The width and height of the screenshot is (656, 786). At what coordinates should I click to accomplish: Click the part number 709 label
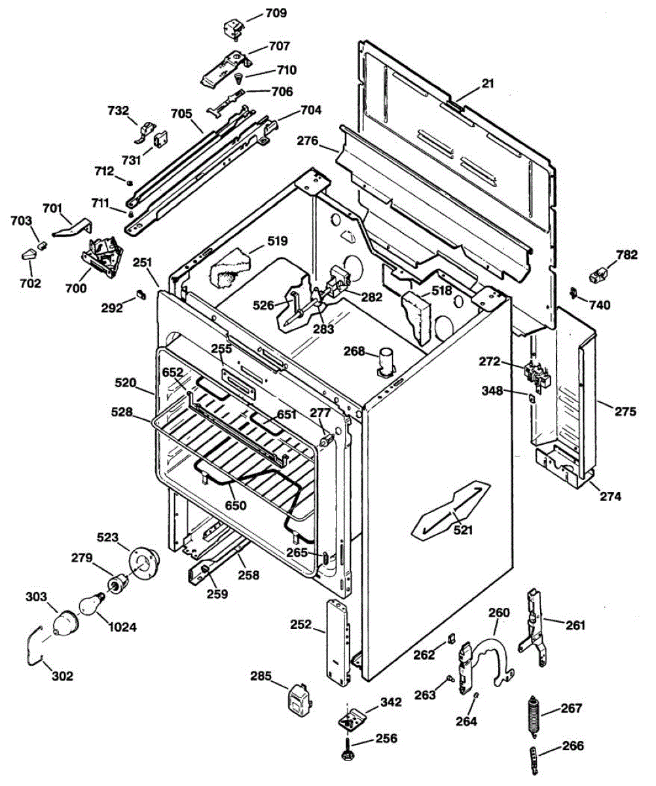pos(276,13)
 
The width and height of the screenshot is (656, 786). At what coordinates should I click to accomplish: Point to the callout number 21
pos(488,83)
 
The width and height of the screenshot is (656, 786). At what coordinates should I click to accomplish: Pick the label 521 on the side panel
pos(463,530)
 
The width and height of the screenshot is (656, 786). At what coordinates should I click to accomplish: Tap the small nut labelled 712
pos(130,183)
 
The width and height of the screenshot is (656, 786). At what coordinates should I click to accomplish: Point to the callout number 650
pos(236,505)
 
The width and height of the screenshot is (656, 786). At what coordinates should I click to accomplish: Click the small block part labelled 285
pos(300,698)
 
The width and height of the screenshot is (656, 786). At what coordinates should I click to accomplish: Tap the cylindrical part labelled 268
pos(386,362)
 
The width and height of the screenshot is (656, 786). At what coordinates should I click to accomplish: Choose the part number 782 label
pos(627,255)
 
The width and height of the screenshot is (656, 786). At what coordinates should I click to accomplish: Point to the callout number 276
pos(308,141)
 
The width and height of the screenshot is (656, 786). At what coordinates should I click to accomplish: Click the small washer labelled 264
pos(476,694)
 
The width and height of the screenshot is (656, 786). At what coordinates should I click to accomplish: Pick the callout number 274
pos(610,496)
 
